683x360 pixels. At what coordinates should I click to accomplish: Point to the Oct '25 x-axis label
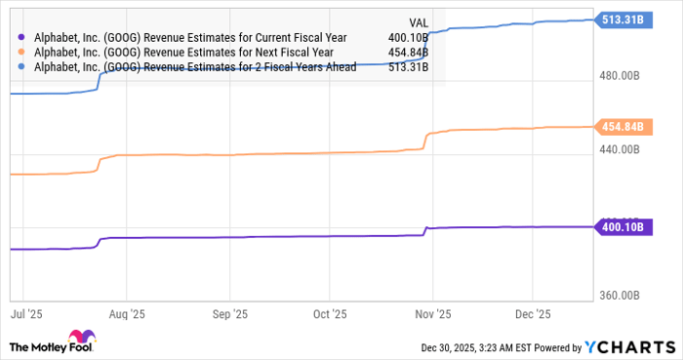(329, 314)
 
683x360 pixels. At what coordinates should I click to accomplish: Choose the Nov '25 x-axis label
(431, 314)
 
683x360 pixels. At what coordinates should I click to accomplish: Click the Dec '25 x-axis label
(532, 314)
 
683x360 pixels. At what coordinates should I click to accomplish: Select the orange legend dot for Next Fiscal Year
(20, 53)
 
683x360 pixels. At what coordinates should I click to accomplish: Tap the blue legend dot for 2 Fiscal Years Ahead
(20, 66)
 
